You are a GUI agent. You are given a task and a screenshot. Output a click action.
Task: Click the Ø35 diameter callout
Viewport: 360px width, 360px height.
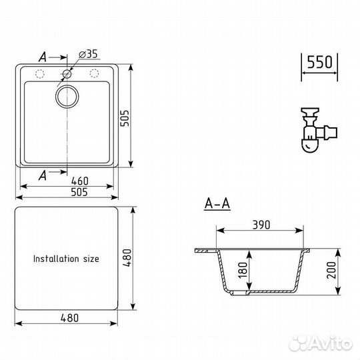(88, 54)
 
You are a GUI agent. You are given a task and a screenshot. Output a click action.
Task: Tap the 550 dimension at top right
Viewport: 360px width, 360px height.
(319, 62)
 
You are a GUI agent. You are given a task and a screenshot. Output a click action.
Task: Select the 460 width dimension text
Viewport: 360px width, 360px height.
(80, 181)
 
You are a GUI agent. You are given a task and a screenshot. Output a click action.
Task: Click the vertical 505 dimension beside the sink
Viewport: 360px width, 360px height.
(125, 118)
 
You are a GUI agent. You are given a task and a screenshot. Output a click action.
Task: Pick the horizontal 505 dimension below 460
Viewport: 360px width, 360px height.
(79, 192)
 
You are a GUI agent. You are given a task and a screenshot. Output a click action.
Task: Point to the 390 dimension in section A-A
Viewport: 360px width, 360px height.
(261, 225)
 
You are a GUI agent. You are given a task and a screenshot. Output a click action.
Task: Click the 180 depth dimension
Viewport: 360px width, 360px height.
(243, 270)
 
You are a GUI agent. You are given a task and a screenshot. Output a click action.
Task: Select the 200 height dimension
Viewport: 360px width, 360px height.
(331, 270)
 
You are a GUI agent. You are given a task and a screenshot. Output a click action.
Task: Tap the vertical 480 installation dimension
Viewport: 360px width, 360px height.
(127, 258)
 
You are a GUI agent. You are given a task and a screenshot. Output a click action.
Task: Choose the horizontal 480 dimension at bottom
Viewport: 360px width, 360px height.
(69, 318)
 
